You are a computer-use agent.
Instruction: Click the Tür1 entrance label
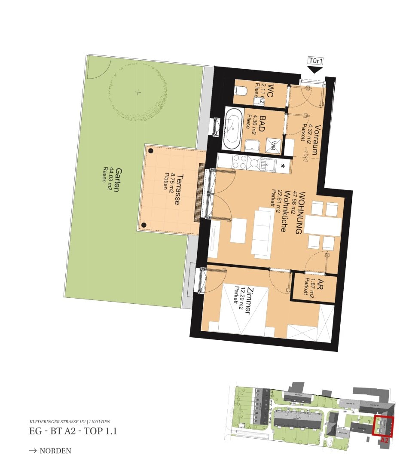point(315,61)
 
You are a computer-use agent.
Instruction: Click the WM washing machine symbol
point(273,146)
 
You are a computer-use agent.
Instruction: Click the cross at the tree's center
point(137,92)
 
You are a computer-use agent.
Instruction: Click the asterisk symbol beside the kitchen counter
point(283,166)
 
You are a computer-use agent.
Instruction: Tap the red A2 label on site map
point(384,440)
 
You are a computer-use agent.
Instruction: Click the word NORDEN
point(55,451)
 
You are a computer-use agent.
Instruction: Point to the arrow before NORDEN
point(33,451)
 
